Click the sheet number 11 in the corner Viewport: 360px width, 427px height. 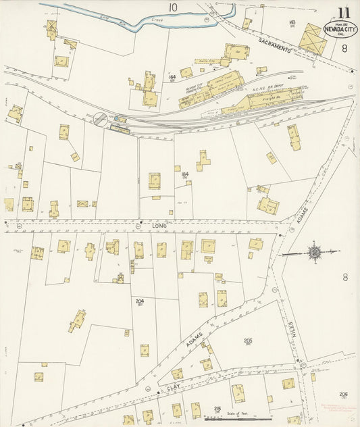[x=345, y=11]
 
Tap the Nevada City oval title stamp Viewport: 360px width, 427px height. [x=340, y=30]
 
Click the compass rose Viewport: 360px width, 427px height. [x=314, y=253]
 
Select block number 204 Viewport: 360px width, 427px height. [x=139, y=301]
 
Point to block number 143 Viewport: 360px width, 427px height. [x=292, y=23]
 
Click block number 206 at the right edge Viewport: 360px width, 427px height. [x=344, y=394]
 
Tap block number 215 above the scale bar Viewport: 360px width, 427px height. [x=217, y=409]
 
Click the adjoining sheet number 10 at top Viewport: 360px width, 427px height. [x=174, y=7]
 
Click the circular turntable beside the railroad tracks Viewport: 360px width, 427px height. [x=100, y=118]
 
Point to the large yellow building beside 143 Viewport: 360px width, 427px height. [x=312, y=39]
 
